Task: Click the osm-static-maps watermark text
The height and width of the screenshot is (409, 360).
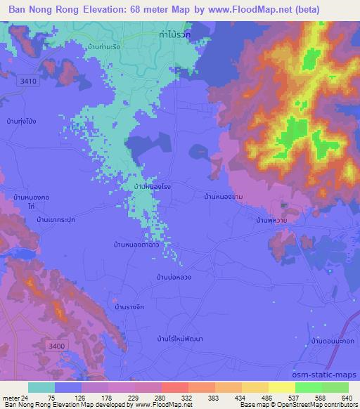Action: [326, 375]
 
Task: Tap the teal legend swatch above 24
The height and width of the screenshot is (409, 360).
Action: [41, 387]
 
